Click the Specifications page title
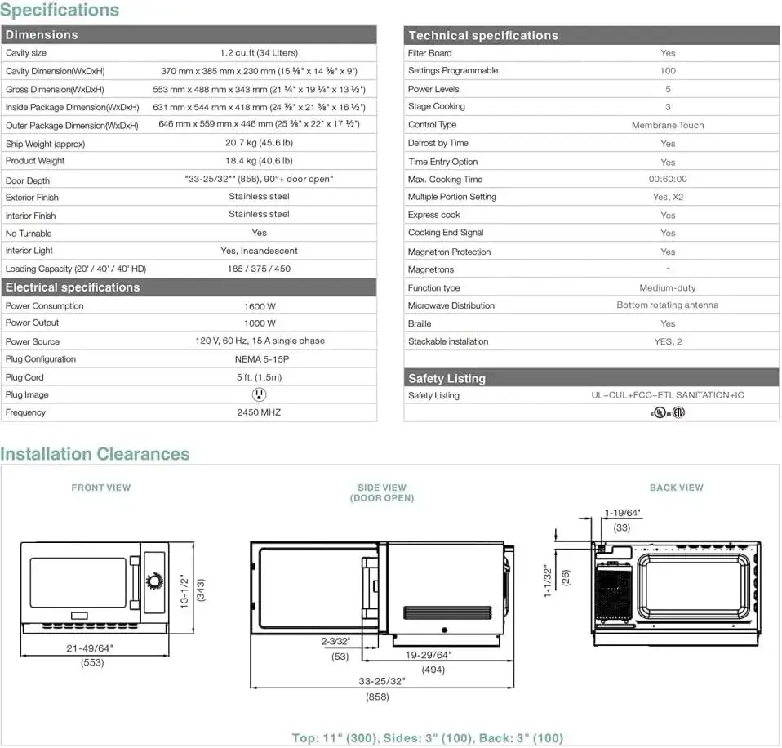click(60, 11)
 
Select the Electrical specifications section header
click(73, 287)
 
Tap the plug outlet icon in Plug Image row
click(259, 394)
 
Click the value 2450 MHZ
click(259, 412)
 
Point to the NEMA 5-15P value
click(259, 359)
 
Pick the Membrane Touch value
click(667, 125)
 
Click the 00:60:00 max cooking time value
click(667, 180)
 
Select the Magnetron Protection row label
click(449, 252)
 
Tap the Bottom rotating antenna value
click(667, 305)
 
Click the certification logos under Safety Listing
click(667, 412)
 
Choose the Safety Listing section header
click(447, 378)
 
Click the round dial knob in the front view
click(153, 581)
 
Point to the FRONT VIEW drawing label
click(101, 488)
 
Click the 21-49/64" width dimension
click(91, 648)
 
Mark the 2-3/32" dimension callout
click(335, 642)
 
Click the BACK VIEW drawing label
click(676, 488)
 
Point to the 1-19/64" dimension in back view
click(622, 513)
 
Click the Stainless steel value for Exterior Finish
click(259, 197)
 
